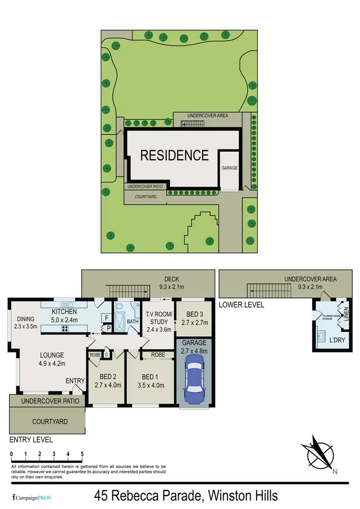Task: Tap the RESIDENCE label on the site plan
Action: pyautogui.click(x=174, y=155)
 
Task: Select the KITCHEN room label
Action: pyautogui.click(x=64, y=312)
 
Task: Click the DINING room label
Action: pyautogui.click(x=25, y=319)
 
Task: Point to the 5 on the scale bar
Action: pyautogui.click(x=82, y=453)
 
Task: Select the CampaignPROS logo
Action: pyautogui.click(x=32, y=497)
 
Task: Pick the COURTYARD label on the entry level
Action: pyautogui.click(x=50, y=422)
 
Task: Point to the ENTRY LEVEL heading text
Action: pyautogui.click(x=31, y=439)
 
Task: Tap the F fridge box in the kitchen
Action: pyautogui.click(x=107, y=317)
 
